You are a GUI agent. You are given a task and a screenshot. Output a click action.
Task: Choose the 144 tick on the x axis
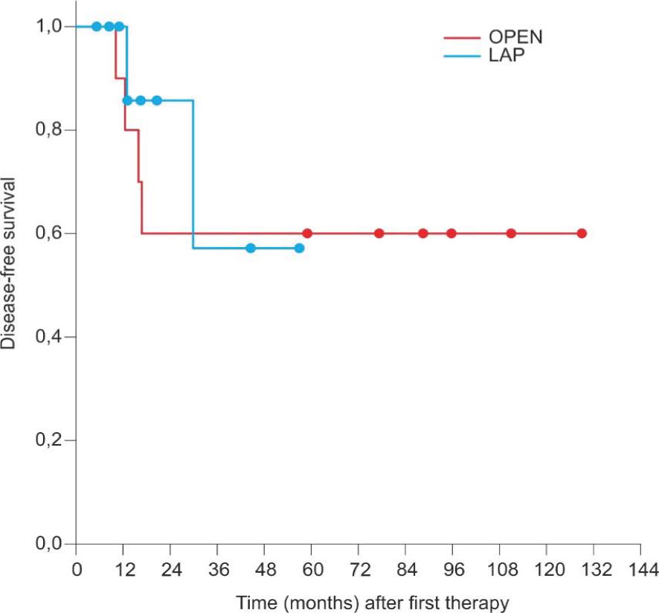[x=640, y=570]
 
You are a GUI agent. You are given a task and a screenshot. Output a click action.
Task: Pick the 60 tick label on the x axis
[x=312, y=570]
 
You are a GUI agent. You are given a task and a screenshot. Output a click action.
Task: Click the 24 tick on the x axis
[x=170, y=570]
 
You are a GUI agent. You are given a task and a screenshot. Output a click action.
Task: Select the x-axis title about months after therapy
[x=372, y=601]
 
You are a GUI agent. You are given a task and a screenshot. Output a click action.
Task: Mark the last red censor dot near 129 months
[x=582, y=234]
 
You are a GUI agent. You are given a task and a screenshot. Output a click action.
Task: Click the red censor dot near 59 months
[x=307, y=234]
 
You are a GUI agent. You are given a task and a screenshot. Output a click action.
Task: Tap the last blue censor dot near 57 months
[x=299, y=248]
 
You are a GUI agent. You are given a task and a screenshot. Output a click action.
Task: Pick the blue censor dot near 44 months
[x=251, y=248]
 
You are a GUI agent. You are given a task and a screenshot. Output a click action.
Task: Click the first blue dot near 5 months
[x=96, y=27]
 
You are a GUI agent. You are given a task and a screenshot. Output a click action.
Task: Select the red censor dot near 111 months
[x=511, y=234]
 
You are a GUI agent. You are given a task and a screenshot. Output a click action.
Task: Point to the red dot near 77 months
[x=379, y=234]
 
